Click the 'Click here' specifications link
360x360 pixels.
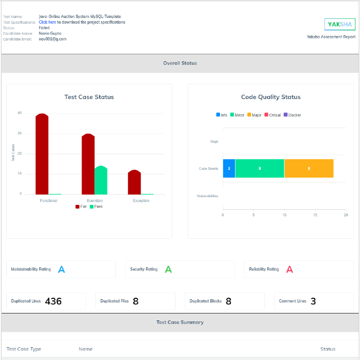[x=47, y=22]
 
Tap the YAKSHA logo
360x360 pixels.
[x=340, y=24]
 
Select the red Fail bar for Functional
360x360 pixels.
[x=42, y=154]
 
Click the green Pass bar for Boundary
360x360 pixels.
[x=101, y=180]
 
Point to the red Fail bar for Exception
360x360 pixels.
[x=134, y=182]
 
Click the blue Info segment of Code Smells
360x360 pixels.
[x=229, y=168]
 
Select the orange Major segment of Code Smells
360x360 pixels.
[x=309, y=168]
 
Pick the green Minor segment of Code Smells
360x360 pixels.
[x=260, y=168]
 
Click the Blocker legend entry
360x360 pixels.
[x=292, y=115]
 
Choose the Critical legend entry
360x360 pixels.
[x=272, y=115]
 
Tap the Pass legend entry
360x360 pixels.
[x=96, y=206]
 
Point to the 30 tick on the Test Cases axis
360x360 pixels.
[x=19, y=133]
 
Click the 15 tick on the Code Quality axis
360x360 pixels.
[x=315, y=215]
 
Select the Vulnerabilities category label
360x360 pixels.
[x=207, y=196]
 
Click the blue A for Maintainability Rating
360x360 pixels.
[x=61, y=269]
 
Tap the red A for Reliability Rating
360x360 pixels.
[x=289, y=269]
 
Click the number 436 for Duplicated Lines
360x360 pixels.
[x=53, y=301]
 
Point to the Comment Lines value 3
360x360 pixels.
[x=313, y=301]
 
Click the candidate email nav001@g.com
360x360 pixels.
[x=52, y=39]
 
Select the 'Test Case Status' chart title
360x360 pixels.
[x=89, y=97]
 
